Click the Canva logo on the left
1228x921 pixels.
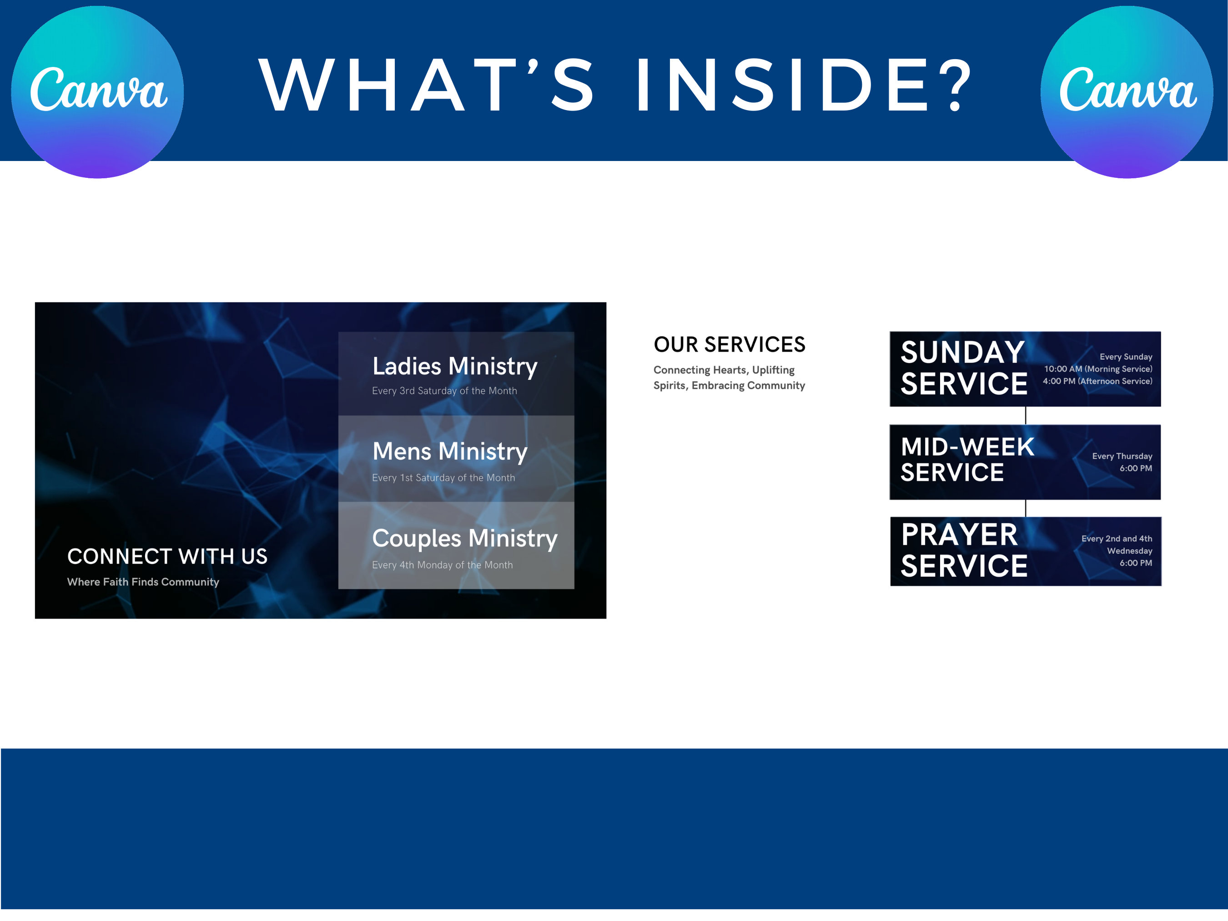pos(98,91)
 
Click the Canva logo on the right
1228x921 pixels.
pos(1127,91)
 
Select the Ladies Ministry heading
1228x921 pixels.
pos(455,367)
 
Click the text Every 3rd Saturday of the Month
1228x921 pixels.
pos(444,391)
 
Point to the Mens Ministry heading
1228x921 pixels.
pos(450,451)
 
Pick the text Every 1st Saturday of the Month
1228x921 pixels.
pos(443,478)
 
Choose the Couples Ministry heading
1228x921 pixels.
pos(465,539)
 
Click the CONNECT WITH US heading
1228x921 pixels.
pos(167,556)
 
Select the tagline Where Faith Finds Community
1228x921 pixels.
pos(143,582)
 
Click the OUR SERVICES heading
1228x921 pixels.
pos(729,345)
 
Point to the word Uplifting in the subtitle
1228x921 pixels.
pos(773,370)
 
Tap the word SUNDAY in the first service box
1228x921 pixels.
pos(962,352)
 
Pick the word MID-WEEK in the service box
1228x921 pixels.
pos(967,447)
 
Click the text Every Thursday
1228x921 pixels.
pos(1122,456)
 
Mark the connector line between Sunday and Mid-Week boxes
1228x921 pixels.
pos(1025,416)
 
